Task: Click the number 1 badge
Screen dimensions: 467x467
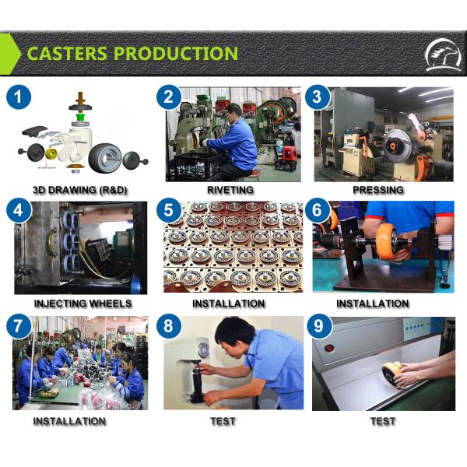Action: click(x=19, y=98)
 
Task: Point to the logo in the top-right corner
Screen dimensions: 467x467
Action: click(x=441, y=55)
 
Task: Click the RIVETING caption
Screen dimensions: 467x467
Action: click(x=230, y=189)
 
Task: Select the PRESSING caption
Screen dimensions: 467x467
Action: click(x=377, y=189)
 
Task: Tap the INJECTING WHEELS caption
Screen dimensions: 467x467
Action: click(x=83, y=303)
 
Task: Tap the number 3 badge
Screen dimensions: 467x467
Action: click(x=317, y=98)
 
